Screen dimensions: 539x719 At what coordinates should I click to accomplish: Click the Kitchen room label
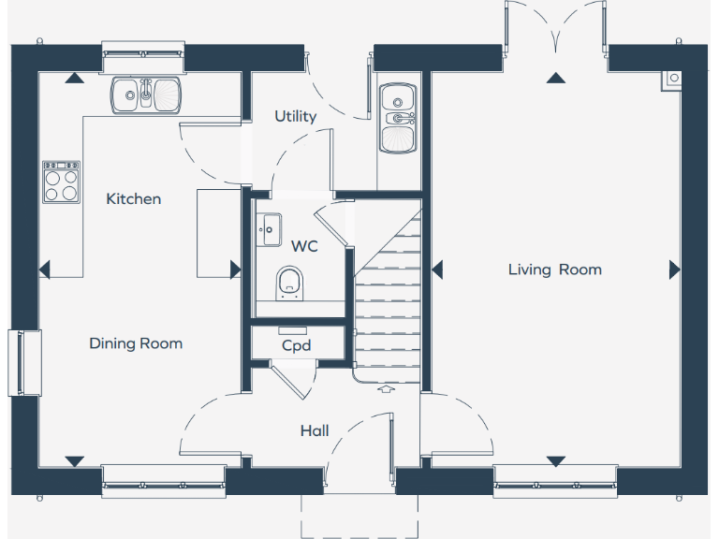(133, 198)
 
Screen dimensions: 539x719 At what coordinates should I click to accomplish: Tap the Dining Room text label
(136, 343)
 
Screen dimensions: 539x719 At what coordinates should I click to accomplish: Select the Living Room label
(554, 269)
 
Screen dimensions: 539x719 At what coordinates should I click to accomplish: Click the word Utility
(295, 116)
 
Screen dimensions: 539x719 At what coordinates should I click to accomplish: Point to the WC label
(304, 246)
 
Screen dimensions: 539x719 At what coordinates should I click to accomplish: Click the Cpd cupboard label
(296, 345)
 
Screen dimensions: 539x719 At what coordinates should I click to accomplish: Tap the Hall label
(315, 430)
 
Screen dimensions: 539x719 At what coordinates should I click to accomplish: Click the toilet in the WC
(289, 283)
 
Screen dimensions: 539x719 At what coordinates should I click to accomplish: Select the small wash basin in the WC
(269, 228)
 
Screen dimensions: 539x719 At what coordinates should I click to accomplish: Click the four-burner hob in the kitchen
(61, 182)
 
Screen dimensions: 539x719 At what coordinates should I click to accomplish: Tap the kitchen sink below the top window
(146, 95)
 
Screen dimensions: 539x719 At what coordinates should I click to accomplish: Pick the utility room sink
(399, 118)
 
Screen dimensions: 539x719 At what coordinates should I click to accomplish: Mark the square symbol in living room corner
(672, 80)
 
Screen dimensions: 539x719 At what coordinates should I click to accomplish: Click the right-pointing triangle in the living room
(674, 269)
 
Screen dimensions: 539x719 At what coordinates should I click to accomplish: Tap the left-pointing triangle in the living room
(436, 269)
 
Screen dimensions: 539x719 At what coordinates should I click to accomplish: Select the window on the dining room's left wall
(25, 362)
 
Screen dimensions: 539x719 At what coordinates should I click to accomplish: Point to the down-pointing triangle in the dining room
(74, 461)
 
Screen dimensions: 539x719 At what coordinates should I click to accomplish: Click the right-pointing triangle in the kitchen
(235, 269)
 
